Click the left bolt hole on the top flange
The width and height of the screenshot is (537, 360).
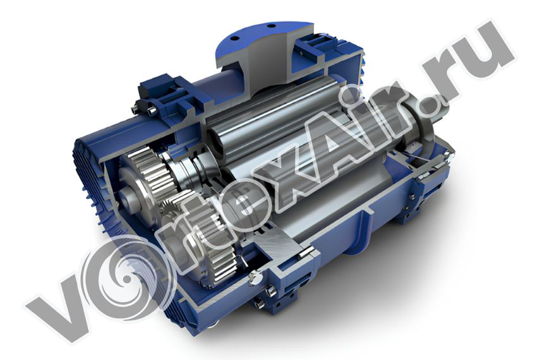point(234,37)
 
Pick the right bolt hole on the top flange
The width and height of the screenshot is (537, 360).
point(271,26)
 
